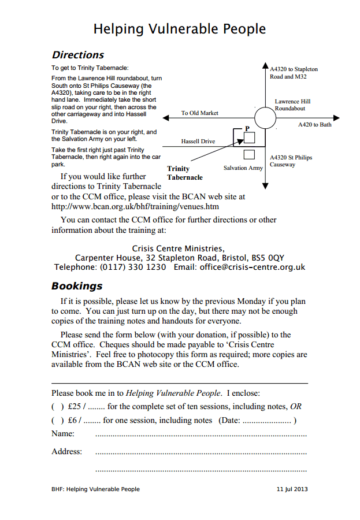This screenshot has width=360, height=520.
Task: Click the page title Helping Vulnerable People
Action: (180, 29)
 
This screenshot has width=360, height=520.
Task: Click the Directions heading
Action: (78, 55)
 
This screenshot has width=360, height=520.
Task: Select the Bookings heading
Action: (77, 287)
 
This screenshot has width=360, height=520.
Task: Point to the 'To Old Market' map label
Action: (199, 113)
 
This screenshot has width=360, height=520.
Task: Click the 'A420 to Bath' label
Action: (315, 125)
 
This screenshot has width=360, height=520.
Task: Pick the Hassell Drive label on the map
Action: (198, 142)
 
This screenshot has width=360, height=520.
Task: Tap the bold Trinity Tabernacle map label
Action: (185, 173)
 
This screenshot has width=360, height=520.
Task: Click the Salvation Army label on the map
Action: (243, 168)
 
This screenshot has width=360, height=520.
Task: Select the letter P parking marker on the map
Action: (247, 128)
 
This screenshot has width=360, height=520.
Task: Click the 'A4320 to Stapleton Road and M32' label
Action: (294, 73)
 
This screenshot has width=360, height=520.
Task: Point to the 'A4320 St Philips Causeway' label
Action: (291, 161)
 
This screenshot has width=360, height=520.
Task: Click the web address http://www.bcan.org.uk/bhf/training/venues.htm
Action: (135, 206)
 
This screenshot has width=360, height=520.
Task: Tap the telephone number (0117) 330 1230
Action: (133, 268)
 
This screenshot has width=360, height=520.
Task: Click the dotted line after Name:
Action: (201, 434)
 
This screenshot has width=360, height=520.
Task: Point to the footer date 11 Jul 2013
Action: (292, 489)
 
